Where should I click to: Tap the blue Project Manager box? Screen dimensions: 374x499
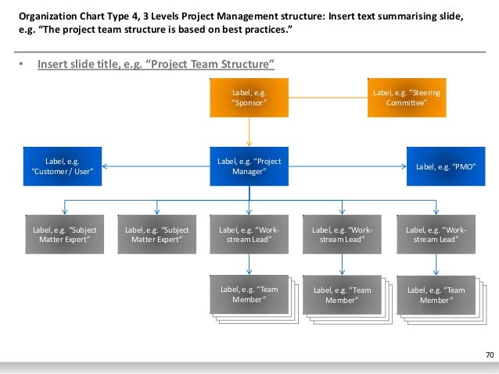249,166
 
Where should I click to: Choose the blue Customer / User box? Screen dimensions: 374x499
63,166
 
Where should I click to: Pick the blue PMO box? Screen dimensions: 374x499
445,166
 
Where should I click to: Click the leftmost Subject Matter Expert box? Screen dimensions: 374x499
63,234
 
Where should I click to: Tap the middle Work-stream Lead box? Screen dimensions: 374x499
342,234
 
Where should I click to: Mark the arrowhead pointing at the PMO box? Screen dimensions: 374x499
403,166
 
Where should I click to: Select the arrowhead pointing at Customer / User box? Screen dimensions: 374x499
106,166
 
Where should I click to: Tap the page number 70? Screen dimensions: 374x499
490,356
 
